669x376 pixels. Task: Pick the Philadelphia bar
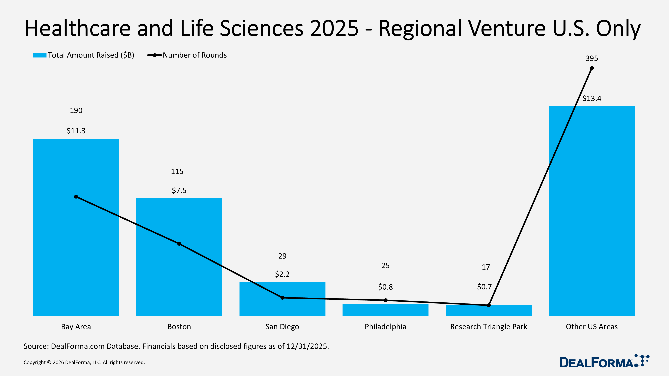385,310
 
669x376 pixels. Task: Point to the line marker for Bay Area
76,197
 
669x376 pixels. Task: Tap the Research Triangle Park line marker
489,305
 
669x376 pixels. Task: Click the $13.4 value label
592,99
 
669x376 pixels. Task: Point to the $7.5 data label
179,191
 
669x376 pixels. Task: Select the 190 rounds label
76,110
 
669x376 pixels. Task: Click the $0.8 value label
385,287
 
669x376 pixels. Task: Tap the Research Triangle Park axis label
489,327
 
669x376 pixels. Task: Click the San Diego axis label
282,327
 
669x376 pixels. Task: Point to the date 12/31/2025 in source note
308,346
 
